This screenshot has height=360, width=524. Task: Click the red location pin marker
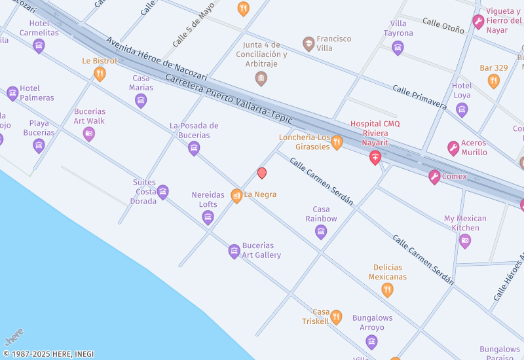coord(262,173)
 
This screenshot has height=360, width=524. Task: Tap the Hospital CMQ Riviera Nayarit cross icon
coord(375,157)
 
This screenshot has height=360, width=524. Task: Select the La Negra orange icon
coord(236,195)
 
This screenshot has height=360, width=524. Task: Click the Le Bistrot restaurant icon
coord(100,74)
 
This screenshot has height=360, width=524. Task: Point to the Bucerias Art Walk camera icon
coord(89,134)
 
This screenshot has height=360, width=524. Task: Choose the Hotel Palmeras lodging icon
coord(12,94)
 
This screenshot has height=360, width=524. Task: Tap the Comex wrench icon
coord(434,177)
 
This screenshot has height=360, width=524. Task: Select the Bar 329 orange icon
coord(493,81)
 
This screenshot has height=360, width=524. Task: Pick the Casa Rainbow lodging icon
coord(321,232)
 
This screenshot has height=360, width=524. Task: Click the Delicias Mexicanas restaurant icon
coord(387,290)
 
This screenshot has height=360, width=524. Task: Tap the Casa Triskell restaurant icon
coord(336,317)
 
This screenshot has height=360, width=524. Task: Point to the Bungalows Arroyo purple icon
coord(372,342)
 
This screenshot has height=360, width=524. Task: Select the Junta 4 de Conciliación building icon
coord(261,79)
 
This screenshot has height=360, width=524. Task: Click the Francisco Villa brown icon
coord(309,44)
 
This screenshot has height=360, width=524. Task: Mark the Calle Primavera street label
coord(419,98)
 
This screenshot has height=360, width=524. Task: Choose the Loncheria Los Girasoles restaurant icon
coord(337,142)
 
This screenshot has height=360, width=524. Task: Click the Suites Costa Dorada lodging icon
coord(163,192)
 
